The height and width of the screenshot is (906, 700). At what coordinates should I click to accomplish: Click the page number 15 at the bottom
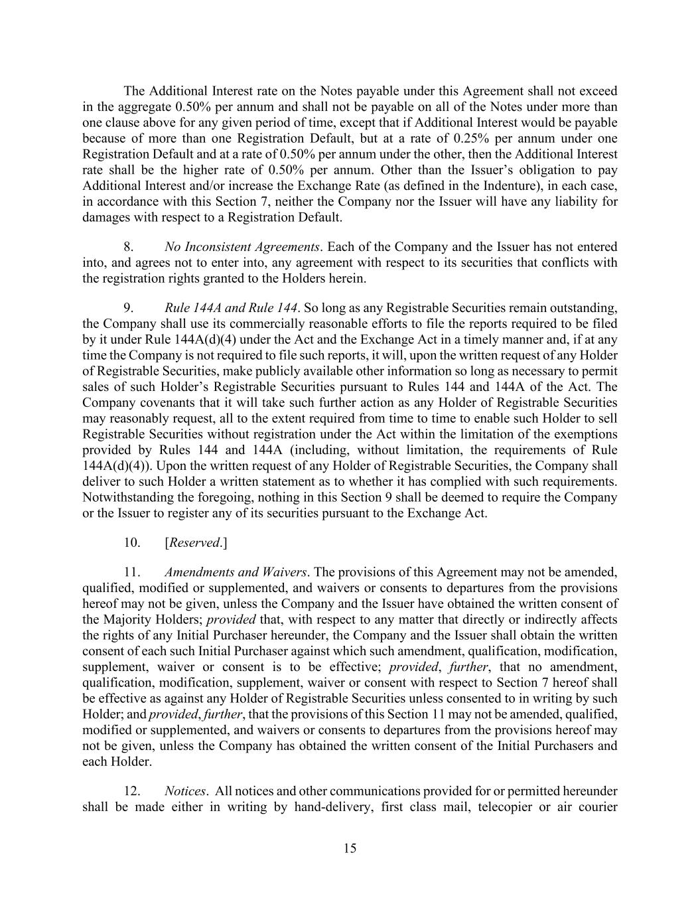(350, 848)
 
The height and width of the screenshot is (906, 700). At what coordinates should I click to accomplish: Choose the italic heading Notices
(185, 791)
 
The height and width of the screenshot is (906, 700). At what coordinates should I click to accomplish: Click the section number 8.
(129, 247)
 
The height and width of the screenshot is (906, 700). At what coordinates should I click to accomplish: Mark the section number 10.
(132, 542)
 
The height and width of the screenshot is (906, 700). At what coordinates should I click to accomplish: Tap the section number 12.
(132, 791)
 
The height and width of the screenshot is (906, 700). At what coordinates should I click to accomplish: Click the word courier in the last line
(598, 807)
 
